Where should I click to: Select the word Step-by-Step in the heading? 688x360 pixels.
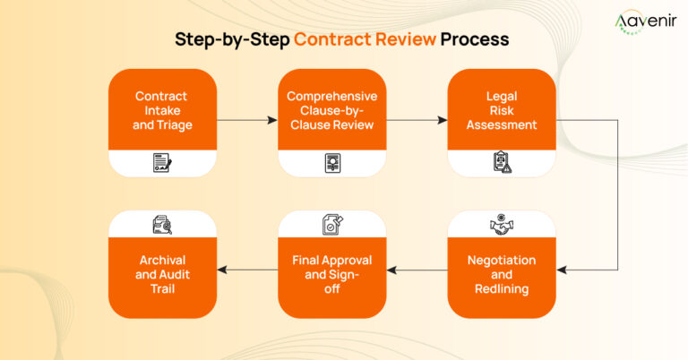[233, 40]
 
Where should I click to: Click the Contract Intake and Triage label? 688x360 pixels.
[162, 110]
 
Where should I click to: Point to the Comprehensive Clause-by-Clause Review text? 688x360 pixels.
[331, 110]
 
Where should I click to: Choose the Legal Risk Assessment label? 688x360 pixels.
[502, 110]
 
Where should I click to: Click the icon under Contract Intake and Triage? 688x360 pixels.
[162, 163]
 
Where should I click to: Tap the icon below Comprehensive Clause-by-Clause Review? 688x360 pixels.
[331, 163]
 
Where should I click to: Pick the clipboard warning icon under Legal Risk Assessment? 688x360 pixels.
[502, 163]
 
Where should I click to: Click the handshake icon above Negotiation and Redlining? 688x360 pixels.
[502, 225]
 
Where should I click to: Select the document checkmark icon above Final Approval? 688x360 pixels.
[331, 225]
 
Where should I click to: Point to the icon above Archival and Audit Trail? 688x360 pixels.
[162, 225]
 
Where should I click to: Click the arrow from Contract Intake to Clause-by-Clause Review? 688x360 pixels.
[246, 118]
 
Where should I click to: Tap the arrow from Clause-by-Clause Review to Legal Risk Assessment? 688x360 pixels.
[417, 118]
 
